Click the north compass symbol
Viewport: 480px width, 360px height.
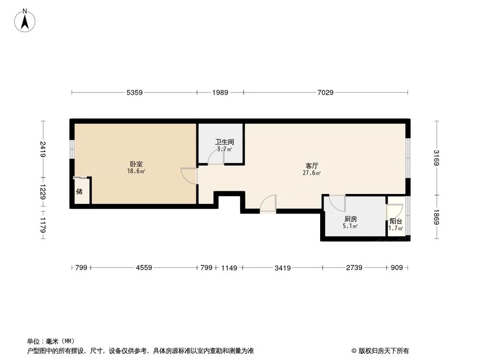pos(25,21)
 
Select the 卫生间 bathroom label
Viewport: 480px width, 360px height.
pos(224,142)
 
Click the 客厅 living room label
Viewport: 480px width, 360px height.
pos(312,165)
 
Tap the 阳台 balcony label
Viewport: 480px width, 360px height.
pos(396,221)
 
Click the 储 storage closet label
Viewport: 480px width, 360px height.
pos(79,192)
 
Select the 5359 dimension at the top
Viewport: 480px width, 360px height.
pos(135,92)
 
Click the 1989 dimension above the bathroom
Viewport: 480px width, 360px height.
pos(220,92)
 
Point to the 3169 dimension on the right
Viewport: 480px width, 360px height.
pos(436,158)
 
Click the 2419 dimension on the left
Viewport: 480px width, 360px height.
pos(43,149)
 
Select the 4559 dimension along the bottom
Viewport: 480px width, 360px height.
pos(143,268)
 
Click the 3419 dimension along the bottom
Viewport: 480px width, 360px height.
pos(283,268)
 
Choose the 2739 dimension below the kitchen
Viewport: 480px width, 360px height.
pos(355,268)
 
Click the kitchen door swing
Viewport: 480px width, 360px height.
pos(337,203)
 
